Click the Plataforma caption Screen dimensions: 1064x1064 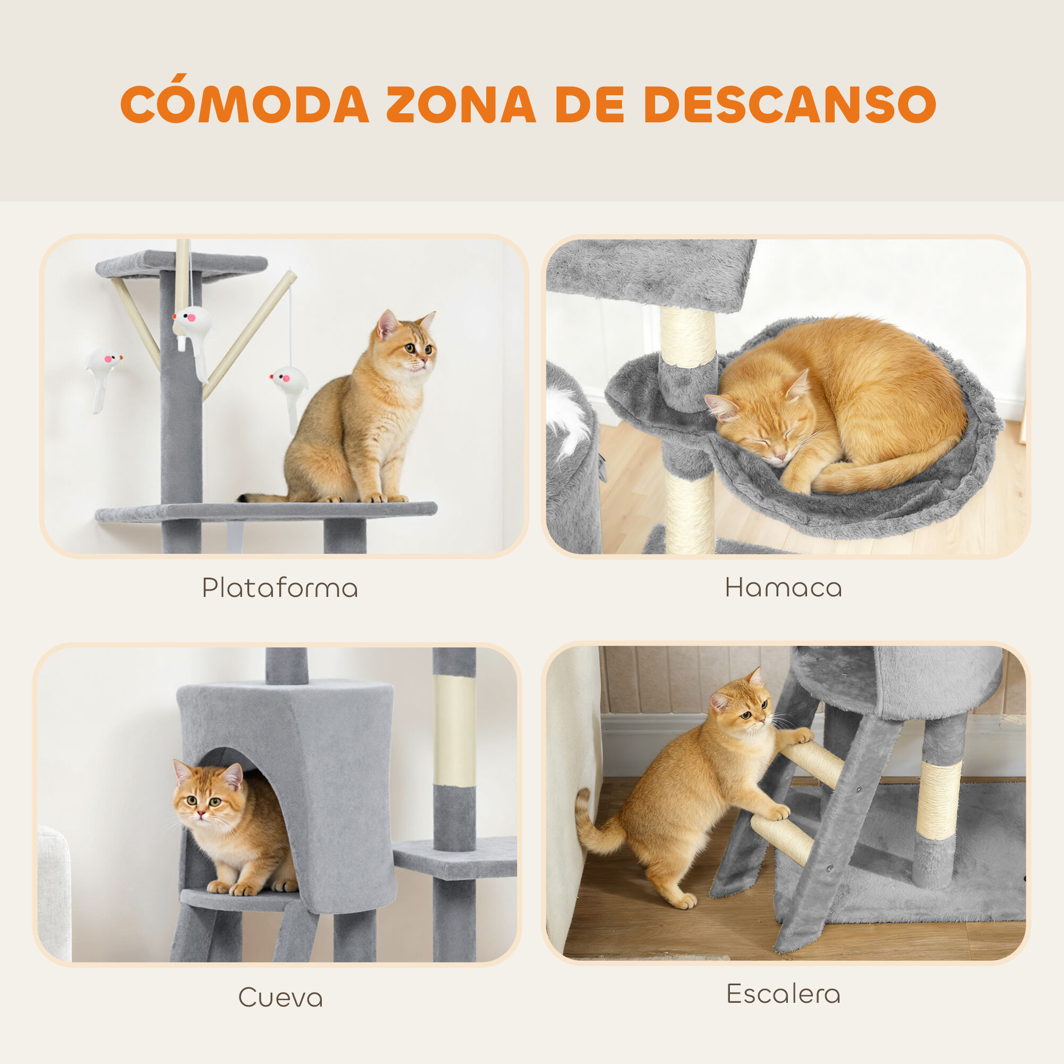tap(280, 588)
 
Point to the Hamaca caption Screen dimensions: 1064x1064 tap(783, 588)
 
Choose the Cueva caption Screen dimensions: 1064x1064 tap(280, 997)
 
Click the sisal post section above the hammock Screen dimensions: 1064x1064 tap(688, 336)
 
